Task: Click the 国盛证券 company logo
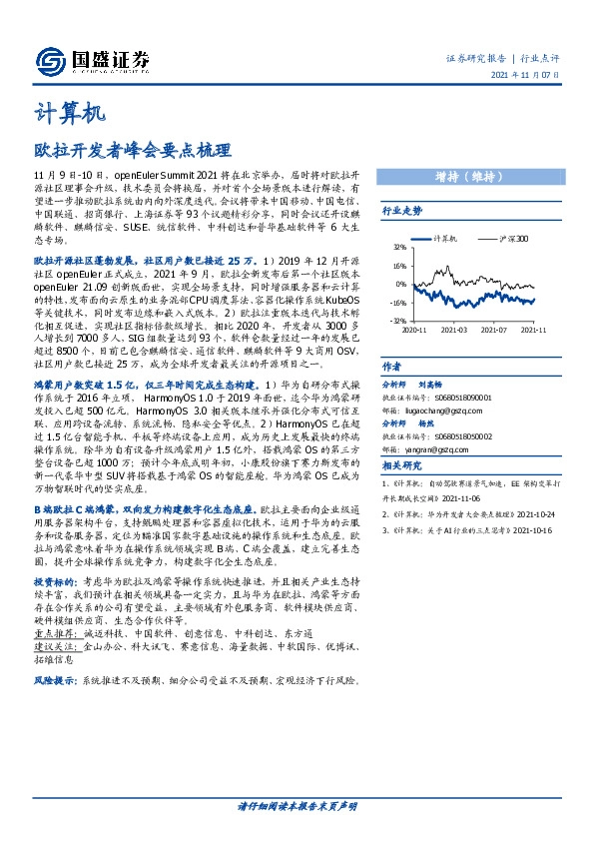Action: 90,58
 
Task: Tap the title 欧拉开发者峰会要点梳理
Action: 124,151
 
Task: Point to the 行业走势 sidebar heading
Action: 402,211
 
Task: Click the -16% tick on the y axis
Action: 396,302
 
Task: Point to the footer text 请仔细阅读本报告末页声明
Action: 297,805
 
